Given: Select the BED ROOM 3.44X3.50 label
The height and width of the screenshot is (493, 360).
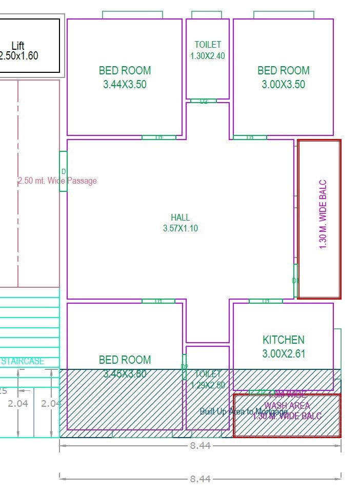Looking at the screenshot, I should [125, 77].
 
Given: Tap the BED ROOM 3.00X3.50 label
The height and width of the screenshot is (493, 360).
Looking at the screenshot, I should [283, 77].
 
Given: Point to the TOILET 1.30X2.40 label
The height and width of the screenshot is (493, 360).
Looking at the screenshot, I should [208, 50].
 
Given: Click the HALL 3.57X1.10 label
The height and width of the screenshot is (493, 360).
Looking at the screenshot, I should [181, 223].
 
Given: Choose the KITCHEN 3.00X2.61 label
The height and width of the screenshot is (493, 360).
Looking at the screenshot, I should [283, 346].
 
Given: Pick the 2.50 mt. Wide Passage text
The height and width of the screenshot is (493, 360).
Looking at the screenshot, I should [57, 181].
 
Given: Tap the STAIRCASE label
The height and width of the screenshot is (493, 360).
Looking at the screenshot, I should [23, 361].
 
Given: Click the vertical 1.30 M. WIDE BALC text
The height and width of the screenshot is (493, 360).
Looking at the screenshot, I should [323, 214].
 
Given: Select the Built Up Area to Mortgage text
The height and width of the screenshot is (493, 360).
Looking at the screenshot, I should [244, 411].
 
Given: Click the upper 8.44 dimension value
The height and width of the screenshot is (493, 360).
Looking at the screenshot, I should [200, 446].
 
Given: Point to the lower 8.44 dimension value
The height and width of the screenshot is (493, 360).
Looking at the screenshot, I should [200, 479].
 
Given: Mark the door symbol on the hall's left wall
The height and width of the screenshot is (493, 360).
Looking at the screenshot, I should [63, 171].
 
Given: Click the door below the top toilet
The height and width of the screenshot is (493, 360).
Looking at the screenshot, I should [204, 101].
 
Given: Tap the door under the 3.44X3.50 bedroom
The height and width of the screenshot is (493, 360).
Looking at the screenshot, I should [158, 137].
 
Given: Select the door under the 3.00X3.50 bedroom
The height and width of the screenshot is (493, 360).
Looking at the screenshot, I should [250, 137].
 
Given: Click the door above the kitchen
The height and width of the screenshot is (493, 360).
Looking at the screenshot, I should [266, 301].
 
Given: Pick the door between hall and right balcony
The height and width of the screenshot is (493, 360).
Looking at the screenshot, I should [295, 281].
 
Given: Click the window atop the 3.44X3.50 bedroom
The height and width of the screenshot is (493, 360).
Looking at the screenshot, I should [132, 15].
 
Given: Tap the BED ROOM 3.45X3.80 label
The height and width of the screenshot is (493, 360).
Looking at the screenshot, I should [125, 367].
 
